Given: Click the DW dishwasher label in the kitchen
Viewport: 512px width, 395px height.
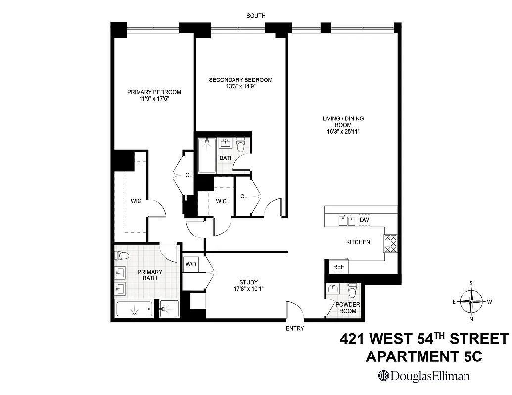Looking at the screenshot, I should pos(365,220).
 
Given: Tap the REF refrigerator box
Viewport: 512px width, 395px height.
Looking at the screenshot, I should pos(338,267).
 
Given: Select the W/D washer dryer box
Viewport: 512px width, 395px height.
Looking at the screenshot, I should pos(191,264).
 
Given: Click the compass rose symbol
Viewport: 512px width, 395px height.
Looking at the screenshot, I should pos(472,300).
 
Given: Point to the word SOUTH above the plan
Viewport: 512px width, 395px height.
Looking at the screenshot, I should pos(256,16).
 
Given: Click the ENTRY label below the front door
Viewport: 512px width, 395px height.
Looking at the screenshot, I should pos(295,328).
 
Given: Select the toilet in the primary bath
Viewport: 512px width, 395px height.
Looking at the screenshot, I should pos(122,255).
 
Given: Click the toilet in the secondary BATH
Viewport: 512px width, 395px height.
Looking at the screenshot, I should pos(241,145).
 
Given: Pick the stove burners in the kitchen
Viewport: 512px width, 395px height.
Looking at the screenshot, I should pos(390,243).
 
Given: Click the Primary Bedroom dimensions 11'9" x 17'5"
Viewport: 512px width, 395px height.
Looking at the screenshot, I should pos(154,99).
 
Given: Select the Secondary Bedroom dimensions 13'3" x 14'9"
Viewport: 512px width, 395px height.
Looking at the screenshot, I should pos(240,86).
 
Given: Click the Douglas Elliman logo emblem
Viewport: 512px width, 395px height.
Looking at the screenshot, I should pos(383,376).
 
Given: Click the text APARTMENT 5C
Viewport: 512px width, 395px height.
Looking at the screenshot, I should pos(423,356).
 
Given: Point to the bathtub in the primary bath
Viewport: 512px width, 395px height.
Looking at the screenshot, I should pos(134,310).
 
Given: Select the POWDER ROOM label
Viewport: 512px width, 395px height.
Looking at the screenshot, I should pos(347,308).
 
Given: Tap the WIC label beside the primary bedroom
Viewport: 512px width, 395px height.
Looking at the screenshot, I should pos(136,201).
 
